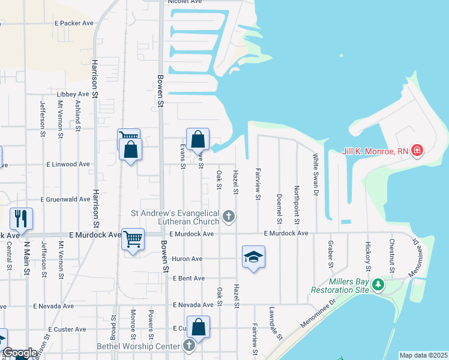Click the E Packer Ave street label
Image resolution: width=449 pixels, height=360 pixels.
74,23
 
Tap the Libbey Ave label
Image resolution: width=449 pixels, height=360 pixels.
73,94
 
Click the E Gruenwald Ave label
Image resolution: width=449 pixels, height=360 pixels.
65,199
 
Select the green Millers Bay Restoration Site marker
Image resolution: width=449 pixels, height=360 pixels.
378,284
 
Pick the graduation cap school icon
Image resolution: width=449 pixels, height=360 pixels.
253,257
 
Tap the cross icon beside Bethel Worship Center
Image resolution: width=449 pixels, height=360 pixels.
189,346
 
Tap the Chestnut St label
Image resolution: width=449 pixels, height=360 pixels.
391,256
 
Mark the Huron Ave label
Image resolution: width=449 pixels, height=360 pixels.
187,259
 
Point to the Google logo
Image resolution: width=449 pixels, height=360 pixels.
20,353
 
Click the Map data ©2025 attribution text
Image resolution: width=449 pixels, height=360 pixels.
423,355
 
